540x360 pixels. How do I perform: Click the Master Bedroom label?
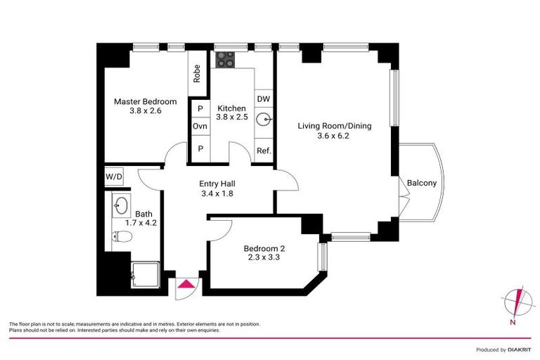146,101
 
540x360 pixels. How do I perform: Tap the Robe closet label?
198,74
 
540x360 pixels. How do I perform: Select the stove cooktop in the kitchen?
225,61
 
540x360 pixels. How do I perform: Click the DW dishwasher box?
263,99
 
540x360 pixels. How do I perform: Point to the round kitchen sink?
264,120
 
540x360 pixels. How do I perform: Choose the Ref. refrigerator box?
264,151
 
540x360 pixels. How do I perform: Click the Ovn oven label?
200,127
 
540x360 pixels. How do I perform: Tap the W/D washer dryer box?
113,176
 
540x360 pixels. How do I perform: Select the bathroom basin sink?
120,206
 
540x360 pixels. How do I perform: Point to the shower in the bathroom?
146,277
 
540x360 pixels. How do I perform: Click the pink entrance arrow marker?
187,284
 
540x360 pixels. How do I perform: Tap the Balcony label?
422,184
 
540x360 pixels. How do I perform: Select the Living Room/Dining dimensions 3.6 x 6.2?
333,136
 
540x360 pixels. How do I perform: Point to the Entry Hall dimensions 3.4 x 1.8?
217,193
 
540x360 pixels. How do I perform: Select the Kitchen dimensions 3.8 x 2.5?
231,118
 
